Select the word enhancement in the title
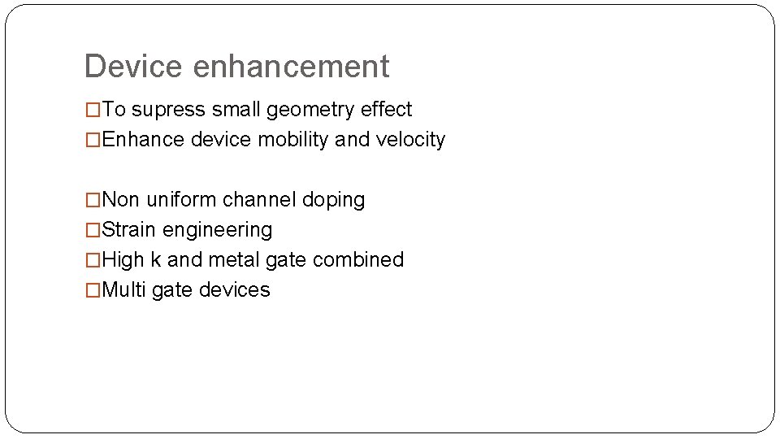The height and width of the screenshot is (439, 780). tap(291, 67)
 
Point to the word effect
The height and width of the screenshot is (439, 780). tap(387, 110)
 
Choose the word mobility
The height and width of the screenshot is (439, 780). tap(293, 140)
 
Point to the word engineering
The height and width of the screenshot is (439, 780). tap(218, 230)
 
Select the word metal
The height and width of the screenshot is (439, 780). tap(236, 260)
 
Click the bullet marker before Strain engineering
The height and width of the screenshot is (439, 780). tap(94, 230)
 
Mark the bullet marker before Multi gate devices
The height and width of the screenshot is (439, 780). tap(94, 290)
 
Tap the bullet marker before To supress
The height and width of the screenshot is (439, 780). tap(94, 110)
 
